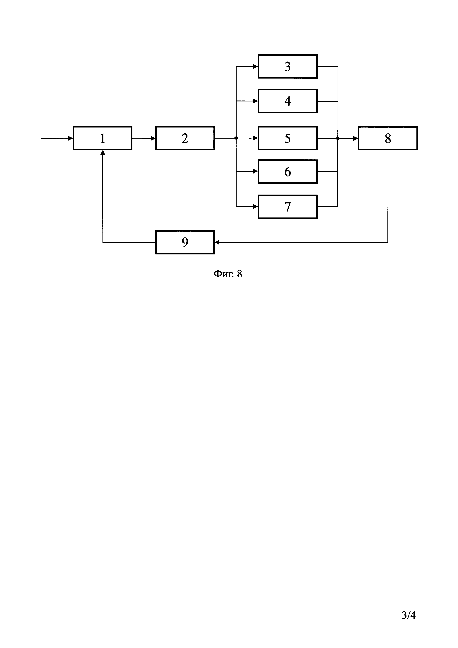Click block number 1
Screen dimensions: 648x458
coord(102,138)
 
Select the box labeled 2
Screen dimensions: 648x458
coord(185,138)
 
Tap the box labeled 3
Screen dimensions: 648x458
coord(287,67)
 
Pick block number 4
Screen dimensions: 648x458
coord(287,101)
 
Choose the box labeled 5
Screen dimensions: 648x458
coord(287,138)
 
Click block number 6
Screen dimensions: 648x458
coord(287,172)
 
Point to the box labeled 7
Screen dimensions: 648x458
coord(287,207)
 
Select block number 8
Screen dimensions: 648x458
coord(388,138)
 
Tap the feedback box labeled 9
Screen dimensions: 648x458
coord(185,242)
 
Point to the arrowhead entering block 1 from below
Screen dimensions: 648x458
coord(103,153)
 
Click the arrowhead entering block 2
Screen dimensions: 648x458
coord(153,138)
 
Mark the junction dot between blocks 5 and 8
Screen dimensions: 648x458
coord(338,138)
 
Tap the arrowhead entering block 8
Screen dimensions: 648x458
coord(356,138)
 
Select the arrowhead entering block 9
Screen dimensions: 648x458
coord(217,242)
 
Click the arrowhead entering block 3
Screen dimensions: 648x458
coord(256,67)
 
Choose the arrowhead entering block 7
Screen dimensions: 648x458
coord(256,207)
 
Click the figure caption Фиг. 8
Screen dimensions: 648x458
coord(228,274)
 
